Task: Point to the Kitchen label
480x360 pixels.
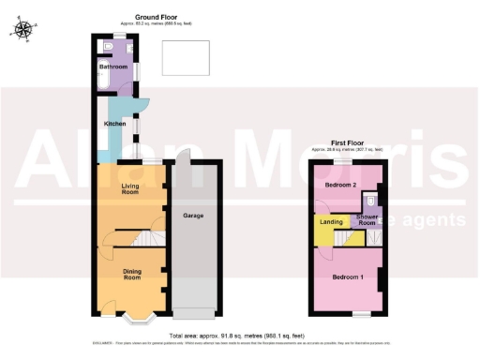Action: pyautogui.click(x=114, y=123)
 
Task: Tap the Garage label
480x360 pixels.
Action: pyautogui.click(x=193, y=216)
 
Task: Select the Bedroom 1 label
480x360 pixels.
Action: pyautogui.click(x=348, y=276)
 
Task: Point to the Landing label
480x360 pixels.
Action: pyautogui.click(x=330, y=222)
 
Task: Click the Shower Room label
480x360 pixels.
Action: pyautogui.click(x=366, y=220)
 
